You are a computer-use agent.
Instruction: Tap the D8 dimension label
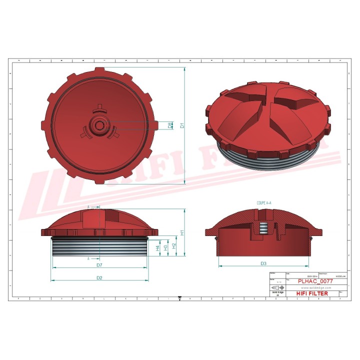point(171,125)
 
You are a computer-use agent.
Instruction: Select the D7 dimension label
point(99,264)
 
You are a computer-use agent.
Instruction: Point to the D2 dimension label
point(99,277)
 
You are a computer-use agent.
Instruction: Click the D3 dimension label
point(263,263)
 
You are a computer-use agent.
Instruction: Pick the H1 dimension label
point(183,232)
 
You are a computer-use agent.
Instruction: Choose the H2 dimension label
point(173,245)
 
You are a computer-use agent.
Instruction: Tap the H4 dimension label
point(158,248)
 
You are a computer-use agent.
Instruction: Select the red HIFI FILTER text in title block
point(312,293)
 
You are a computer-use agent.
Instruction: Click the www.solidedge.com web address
point(313,287)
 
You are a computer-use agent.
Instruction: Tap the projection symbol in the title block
point(276,288)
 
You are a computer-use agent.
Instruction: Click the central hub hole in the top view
point(100,125)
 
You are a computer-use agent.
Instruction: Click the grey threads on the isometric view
point(270,159)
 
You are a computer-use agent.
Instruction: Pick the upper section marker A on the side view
point(89,206)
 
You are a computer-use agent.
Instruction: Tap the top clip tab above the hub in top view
point(100,107)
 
